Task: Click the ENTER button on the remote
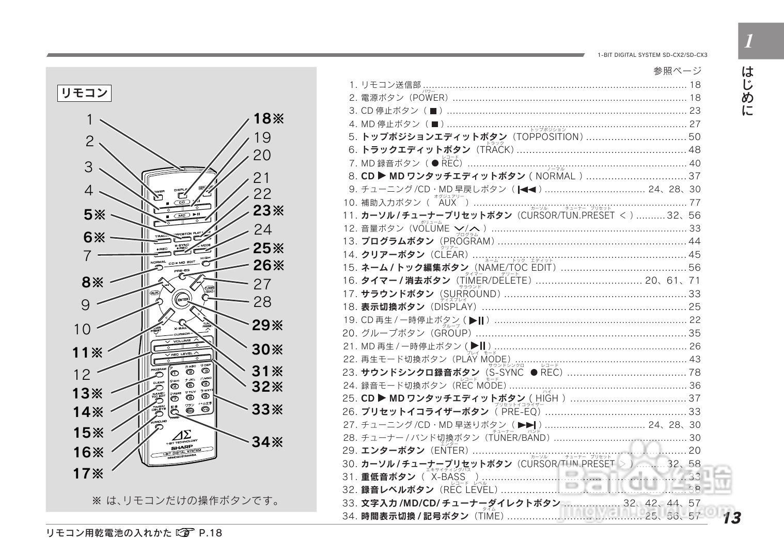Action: pyautogui.click(x=182, y=300)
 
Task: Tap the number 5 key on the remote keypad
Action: pyautogui.click(x=191, y=386)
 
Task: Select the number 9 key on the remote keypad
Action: pyautogui.click(x=206, y=397)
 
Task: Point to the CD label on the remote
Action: pyautogui.click(x=182, y=202)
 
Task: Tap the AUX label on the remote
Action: pyautogui.click(x=154, y=293)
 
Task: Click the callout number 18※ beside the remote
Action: pyautogui.click(x=269, y=119)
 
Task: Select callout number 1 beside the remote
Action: pyautogui.click(x=89, y=120)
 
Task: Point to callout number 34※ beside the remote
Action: pyautogui.click(x=268, y=442)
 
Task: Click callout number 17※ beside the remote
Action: pyautogui.click(x=88, y=473)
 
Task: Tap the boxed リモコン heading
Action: pyautogui.click(x=84, y=94)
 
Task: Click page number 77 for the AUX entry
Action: pyautogui.click(x=695, y=203)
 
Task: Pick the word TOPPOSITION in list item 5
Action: pyautogui.click(x=547, y=137)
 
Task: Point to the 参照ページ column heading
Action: pyautogui.click(x=677, y=71)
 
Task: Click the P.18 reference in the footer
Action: pyautogui.click(x=210, y=533)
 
